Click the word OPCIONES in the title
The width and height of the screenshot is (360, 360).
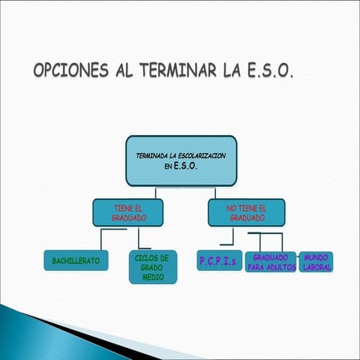71,71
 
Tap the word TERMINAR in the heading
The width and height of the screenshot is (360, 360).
175,71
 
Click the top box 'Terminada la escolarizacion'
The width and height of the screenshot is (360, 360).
181,160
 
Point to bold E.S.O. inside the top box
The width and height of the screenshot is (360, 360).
185,167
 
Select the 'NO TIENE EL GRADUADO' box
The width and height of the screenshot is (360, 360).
246,212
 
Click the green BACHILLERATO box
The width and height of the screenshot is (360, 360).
76,261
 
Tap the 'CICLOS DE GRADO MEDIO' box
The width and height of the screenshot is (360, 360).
153,267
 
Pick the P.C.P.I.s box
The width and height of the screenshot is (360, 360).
217,261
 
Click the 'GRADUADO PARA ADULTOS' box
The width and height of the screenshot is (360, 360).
271,262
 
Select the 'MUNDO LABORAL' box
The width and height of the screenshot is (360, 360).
316,262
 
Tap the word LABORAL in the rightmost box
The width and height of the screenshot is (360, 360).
316,267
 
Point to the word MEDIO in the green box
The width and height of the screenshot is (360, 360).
153,277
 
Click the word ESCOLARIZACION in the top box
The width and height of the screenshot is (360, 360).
199,155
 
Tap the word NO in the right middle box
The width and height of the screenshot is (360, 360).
231,208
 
